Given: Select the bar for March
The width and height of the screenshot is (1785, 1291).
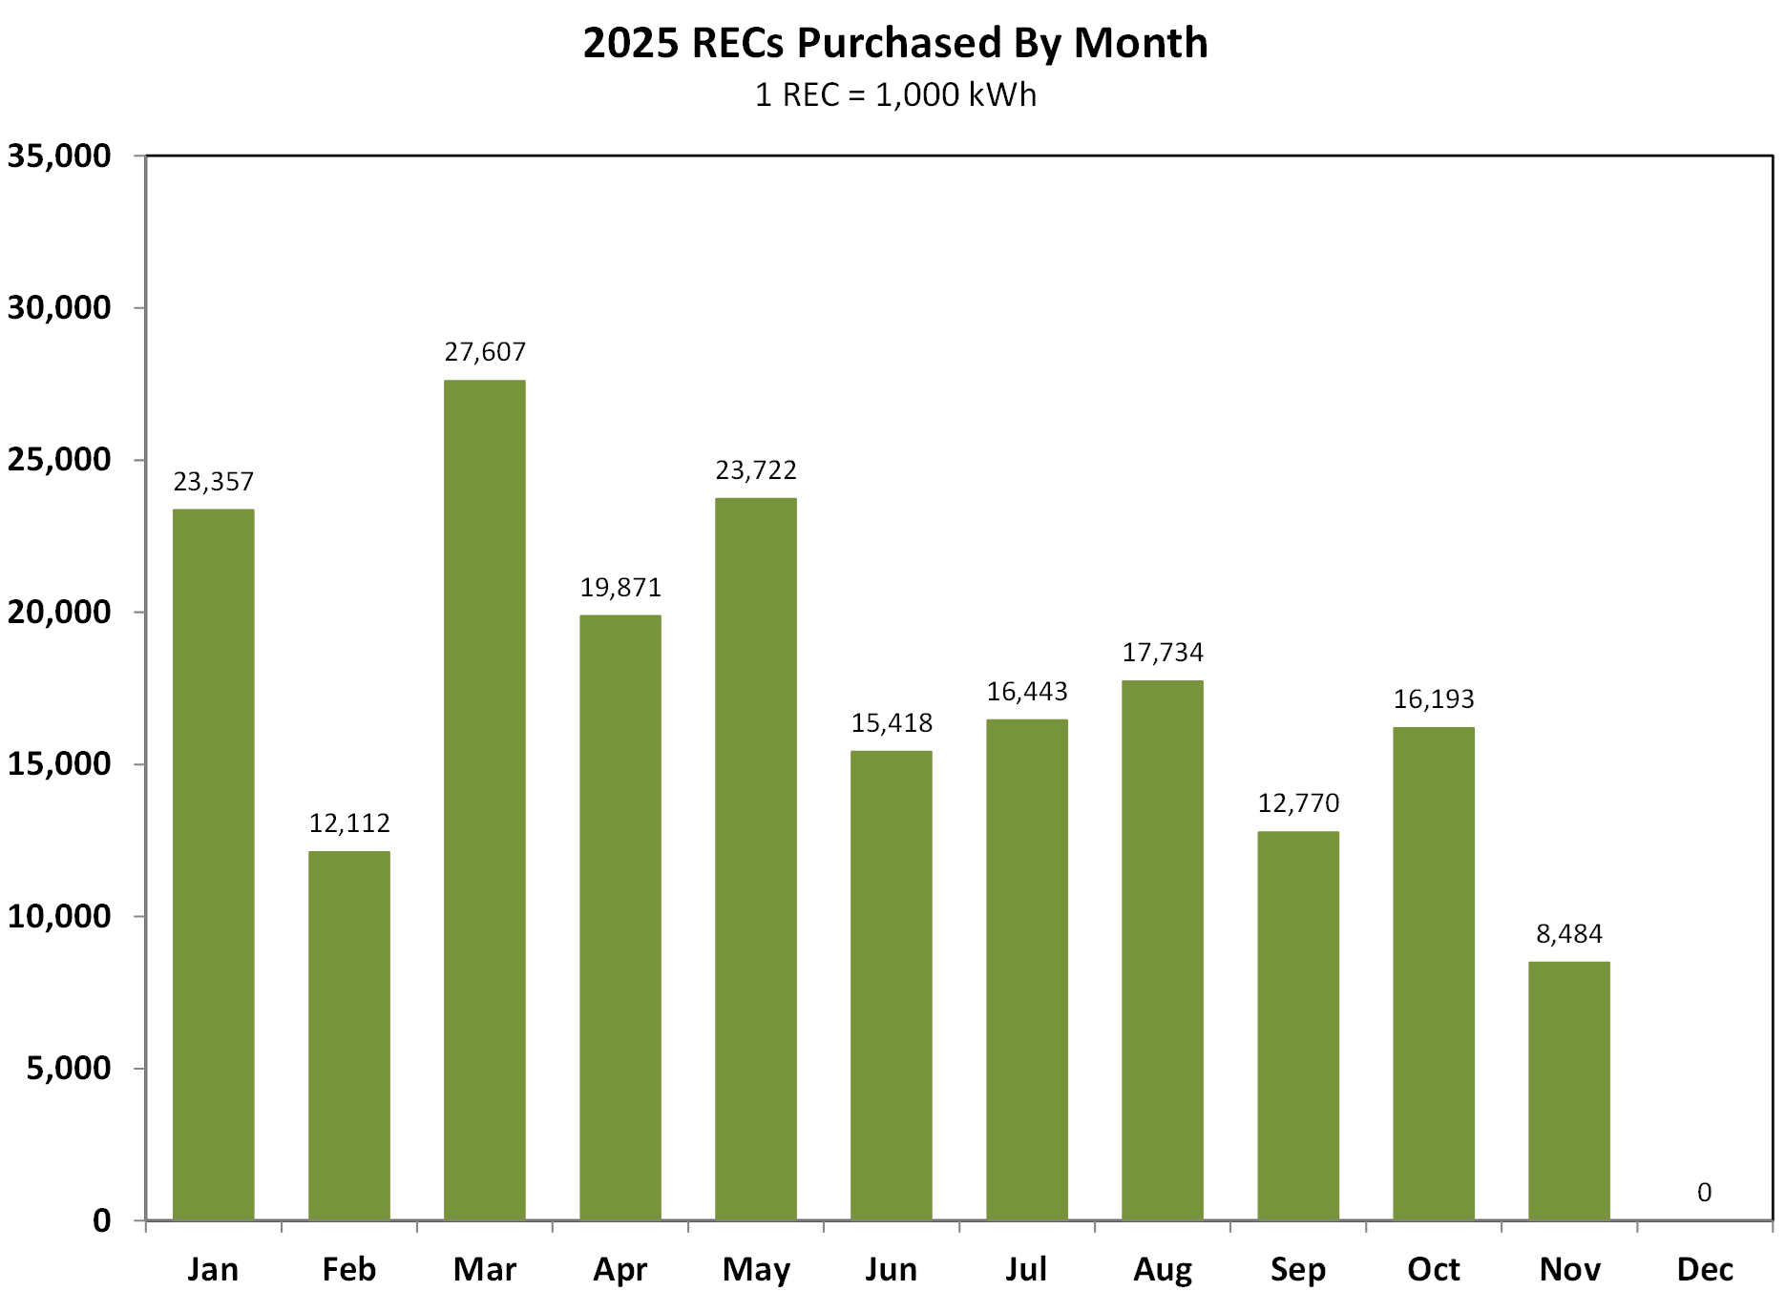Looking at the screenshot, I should coord(485,800).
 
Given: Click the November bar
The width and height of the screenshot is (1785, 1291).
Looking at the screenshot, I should coord(1568,1091).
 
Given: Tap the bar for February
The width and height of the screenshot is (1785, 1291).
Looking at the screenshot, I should coord(349,1035).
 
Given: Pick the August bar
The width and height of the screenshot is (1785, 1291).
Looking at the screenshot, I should coord(1163,949).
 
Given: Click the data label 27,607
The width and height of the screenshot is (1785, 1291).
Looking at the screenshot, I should coord(485,352).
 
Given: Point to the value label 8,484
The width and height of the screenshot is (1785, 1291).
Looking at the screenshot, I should coord(1568,933).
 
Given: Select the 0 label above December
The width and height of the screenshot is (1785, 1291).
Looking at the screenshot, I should coord(1704,1192).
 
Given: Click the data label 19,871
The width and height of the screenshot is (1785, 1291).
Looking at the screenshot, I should coord(620,587).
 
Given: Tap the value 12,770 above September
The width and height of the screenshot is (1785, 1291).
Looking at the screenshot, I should coord(1298,802).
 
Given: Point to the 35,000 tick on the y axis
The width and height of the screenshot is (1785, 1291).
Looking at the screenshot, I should coord(59,156).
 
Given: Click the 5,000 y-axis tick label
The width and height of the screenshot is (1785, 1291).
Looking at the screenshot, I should coord(69,1068).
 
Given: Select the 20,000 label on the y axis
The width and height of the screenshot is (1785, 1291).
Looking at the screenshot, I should coord(59,612).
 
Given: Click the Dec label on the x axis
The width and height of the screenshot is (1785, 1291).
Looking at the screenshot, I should coord(1705,1269).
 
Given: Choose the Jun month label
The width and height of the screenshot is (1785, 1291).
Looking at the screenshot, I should coord(892,1269).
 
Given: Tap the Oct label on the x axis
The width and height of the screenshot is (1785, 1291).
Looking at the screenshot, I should coord(1434,1269).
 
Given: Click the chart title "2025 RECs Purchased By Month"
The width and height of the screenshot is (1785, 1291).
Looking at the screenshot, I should coord(895,43).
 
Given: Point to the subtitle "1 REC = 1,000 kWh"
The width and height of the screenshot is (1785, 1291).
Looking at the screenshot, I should coord(895,94).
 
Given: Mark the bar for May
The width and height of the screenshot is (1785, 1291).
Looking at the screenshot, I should coord(756,859).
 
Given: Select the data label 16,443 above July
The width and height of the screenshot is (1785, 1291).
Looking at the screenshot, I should coord(1027,691).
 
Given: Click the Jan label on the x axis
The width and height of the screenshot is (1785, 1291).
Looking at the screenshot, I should coord(213,1269).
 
